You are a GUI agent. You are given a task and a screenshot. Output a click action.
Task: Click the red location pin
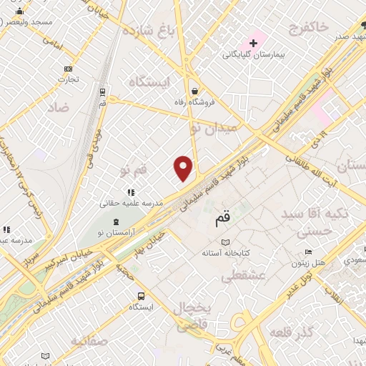pyautogui.click(x=184, y=167)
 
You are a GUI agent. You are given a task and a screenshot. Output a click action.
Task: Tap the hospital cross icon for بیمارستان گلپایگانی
pyautogui.click(x=253, y=44)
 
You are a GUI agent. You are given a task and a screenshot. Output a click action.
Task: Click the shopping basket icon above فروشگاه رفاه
pyautogui.click(x=194, y=91)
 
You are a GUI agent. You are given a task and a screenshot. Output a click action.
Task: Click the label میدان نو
pyautogui.click(x=210, y=129)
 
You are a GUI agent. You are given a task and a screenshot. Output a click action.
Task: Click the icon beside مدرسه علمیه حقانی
pyautogui.click(x=130, y=192)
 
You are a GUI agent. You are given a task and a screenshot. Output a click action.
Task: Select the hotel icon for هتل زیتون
pyautogui.click(x=308, y=252)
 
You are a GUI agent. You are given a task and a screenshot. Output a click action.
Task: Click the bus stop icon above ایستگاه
pyautogui.click(x=141, y=295)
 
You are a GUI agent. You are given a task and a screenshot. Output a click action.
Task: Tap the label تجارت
pyautogui.click(x=69, y=79)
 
